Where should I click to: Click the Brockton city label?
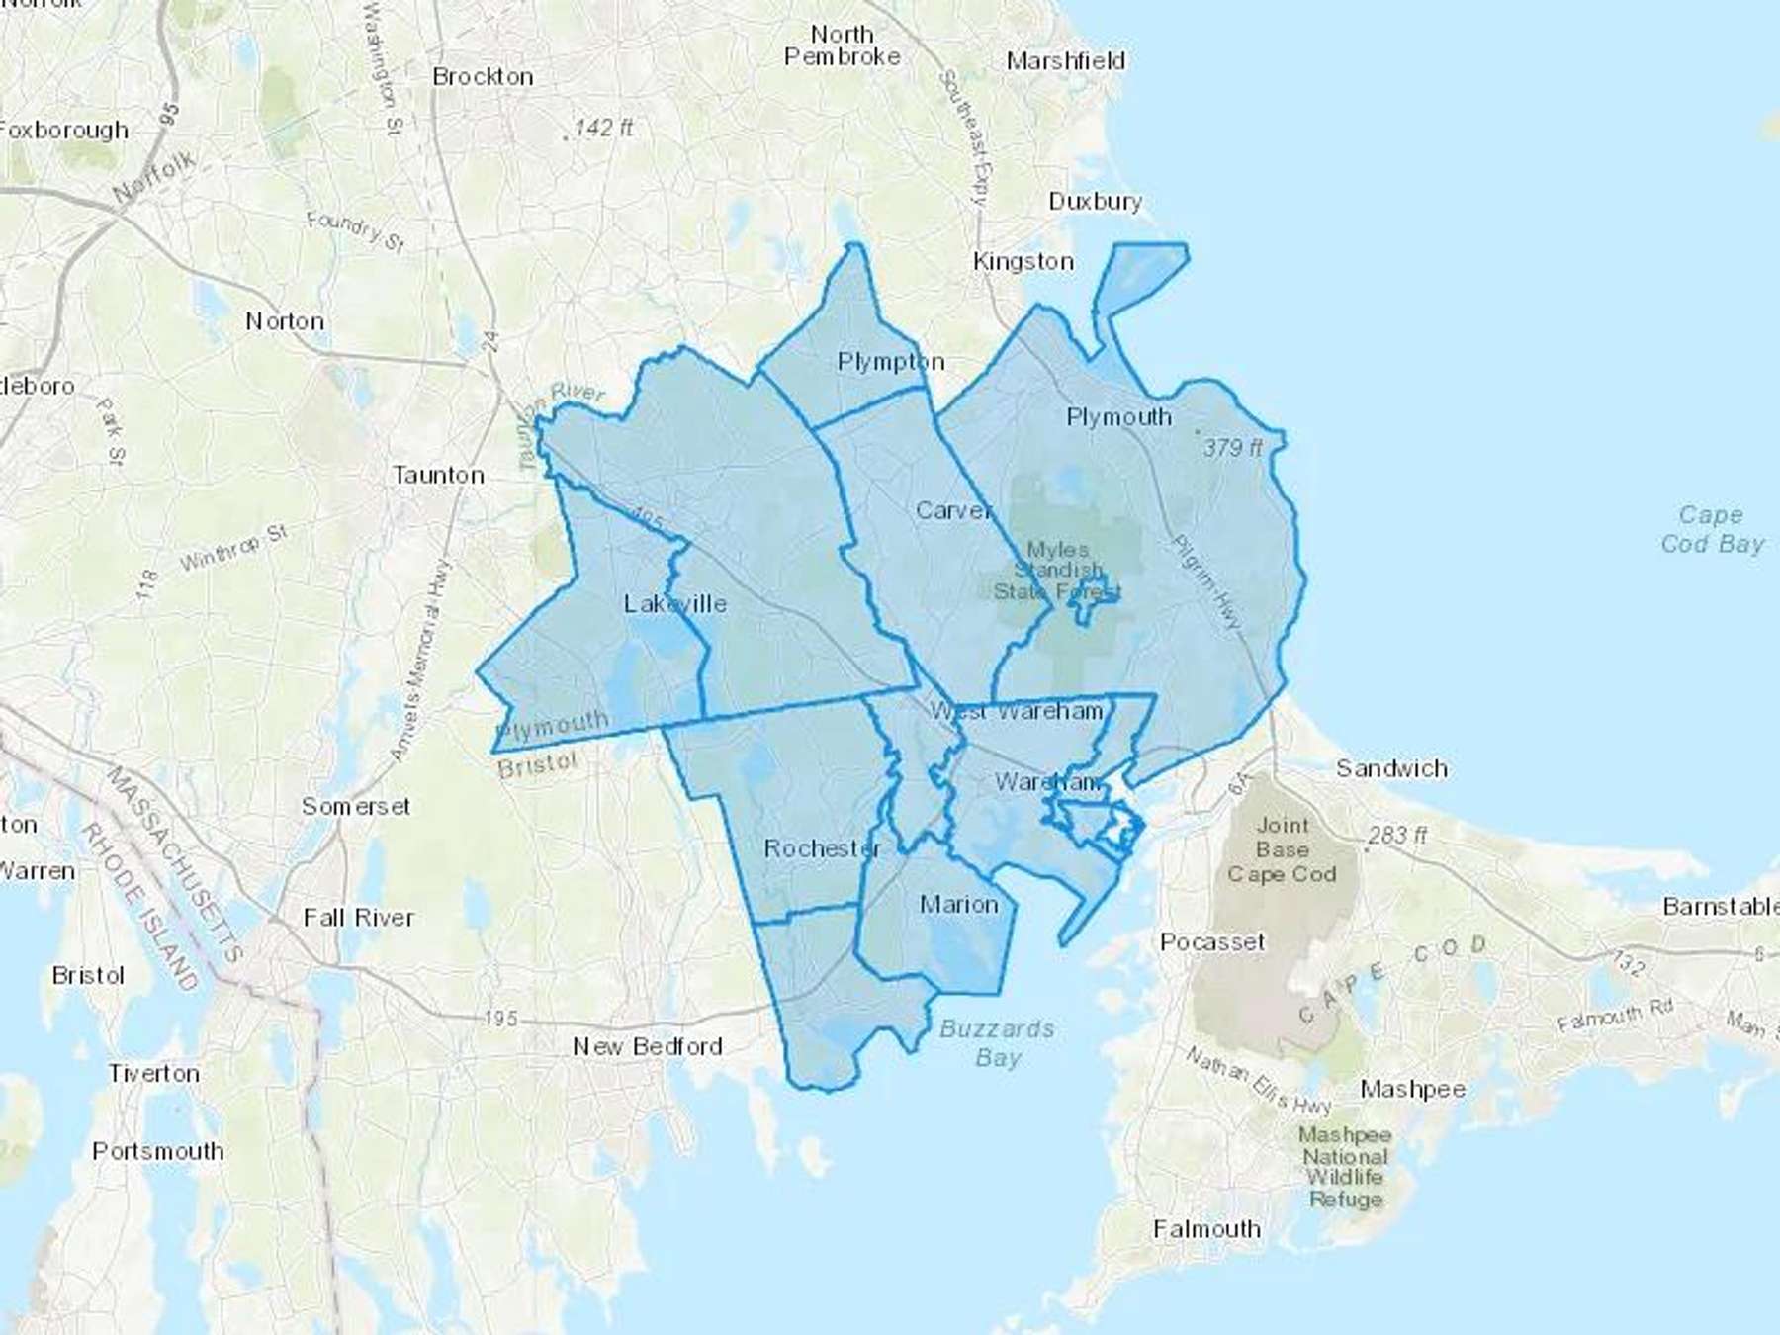(483, 76)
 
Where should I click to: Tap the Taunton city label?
(438, 475)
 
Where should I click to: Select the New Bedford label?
(648, 1046)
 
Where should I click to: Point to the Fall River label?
(358, 918)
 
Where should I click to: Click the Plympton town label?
(890, 361)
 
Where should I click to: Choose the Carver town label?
(953, 510)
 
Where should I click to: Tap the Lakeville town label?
(674, 603)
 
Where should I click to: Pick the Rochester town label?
(822, 848)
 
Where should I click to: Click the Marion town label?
(958, 904)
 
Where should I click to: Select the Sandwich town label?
(1391, 768)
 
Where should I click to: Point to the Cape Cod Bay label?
(1712, 529)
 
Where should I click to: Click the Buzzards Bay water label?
(997, 1043)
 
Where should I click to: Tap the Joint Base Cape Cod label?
(1282, 849)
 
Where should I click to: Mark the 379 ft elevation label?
(1232, 447)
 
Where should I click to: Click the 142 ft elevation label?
(602, 128)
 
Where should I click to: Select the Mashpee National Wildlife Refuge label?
(1345, 1167)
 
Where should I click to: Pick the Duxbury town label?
(1095, 201)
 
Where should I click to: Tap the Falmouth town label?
(1206, 1229)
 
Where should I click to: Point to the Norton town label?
(285, 321)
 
